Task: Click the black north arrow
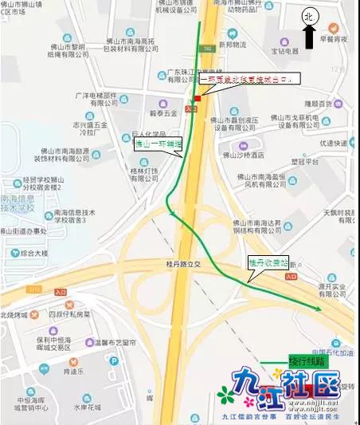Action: (x=309, y=36)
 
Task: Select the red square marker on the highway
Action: (x=198, y=98)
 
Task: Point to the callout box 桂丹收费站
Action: (x=266, y=262)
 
